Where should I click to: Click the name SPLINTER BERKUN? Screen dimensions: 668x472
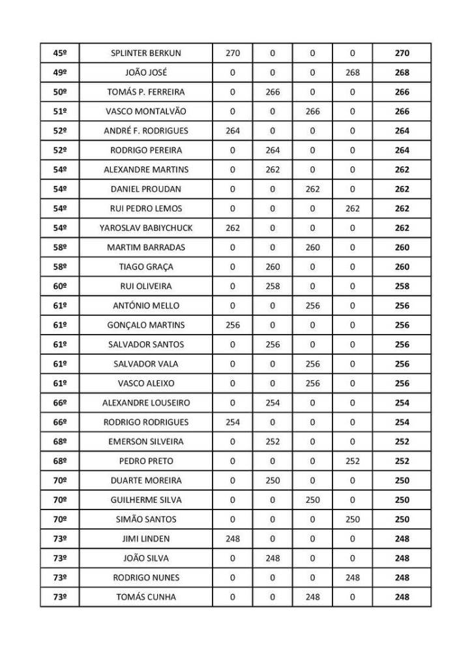(146, 53)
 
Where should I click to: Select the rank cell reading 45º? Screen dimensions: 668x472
(60, 53)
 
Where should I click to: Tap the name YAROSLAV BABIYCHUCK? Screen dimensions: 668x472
(146, 228)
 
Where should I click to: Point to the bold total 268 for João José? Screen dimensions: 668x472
(402, 73)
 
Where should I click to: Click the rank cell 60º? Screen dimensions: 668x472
(60, 286)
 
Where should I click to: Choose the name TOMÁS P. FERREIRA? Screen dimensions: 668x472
(146, 92)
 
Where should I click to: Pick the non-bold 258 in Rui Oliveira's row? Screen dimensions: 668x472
(273, 286)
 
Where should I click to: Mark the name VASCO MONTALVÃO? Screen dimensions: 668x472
(146, 112)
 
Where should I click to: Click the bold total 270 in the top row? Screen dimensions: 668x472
(402, 53)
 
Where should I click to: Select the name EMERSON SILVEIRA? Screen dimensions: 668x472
(146, 442)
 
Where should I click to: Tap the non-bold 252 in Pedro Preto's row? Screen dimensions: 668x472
(353, 461)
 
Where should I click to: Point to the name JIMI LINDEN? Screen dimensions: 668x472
(146, 539)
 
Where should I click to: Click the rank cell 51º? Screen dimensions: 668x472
(60, 112)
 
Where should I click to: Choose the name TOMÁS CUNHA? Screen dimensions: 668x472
(146, 597)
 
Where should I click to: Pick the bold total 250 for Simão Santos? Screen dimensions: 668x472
(402, 519)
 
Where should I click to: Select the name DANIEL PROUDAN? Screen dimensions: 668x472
(146, 189)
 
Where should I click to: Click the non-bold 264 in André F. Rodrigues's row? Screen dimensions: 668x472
(233, 131)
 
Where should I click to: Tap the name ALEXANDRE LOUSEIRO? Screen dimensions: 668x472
(146, 403)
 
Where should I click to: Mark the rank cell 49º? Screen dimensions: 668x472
(60, 73)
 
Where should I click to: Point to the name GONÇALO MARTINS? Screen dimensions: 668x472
(146, 325)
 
